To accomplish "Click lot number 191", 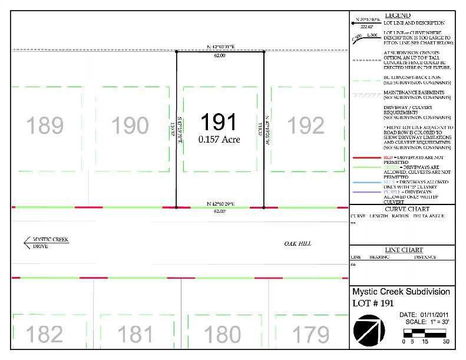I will (219, 123).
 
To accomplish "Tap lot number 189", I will (45, 126).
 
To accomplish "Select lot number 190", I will (130, 126).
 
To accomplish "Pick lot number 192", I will (306, 126).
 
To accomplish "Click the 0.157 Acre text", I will (219, 140).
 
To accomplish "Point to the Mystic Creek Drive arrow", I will (28, 241).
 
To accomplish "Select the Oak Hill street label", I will (298, 244).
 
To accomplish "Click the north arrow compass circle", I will (368, 328).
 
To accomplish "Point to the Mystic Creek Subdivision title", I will (401, 292).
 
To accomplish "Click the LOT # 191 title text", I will (372, 303).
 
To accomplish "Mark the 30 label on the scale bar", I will (446, 342).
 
